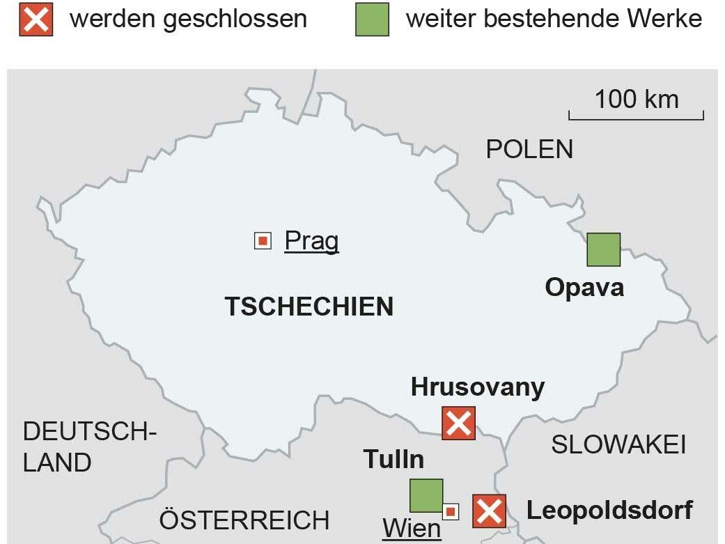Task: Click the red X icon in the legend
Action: click(36, 20)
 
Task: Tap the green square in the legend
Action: click(373, 20)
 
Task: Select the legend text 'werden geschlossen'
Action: click(188, 19)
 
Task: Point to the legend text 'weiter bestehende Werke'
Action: click(554, 19)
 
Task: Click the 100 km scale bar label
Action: click(636, 99)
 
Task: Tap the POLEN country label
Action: click(529, 149)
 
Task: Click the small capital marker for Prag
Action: click(263, 242)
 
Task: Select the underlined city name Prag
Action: click(311, 241)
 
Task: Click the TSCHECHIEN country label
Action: click(309, 306)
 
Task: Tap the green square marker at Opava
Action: click(603, 249)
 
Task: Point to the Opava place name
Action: click(584, 287)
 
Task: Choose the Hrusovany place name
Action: click(478, 387)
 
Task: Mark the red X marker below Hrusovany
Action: click(458, 423)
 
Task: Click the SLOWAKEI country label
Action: click(618, 444)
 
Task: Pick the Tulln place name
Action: click(393, 460)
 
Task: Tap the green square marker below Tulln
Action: click(426, 495)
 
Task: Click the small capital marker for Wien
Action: click(451, 512)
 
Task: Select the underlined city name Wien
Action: click(412, 529)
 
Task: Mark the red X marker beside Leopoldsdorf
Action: click(490, 511)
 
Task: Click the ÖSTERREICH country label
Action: click(244, 520)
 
